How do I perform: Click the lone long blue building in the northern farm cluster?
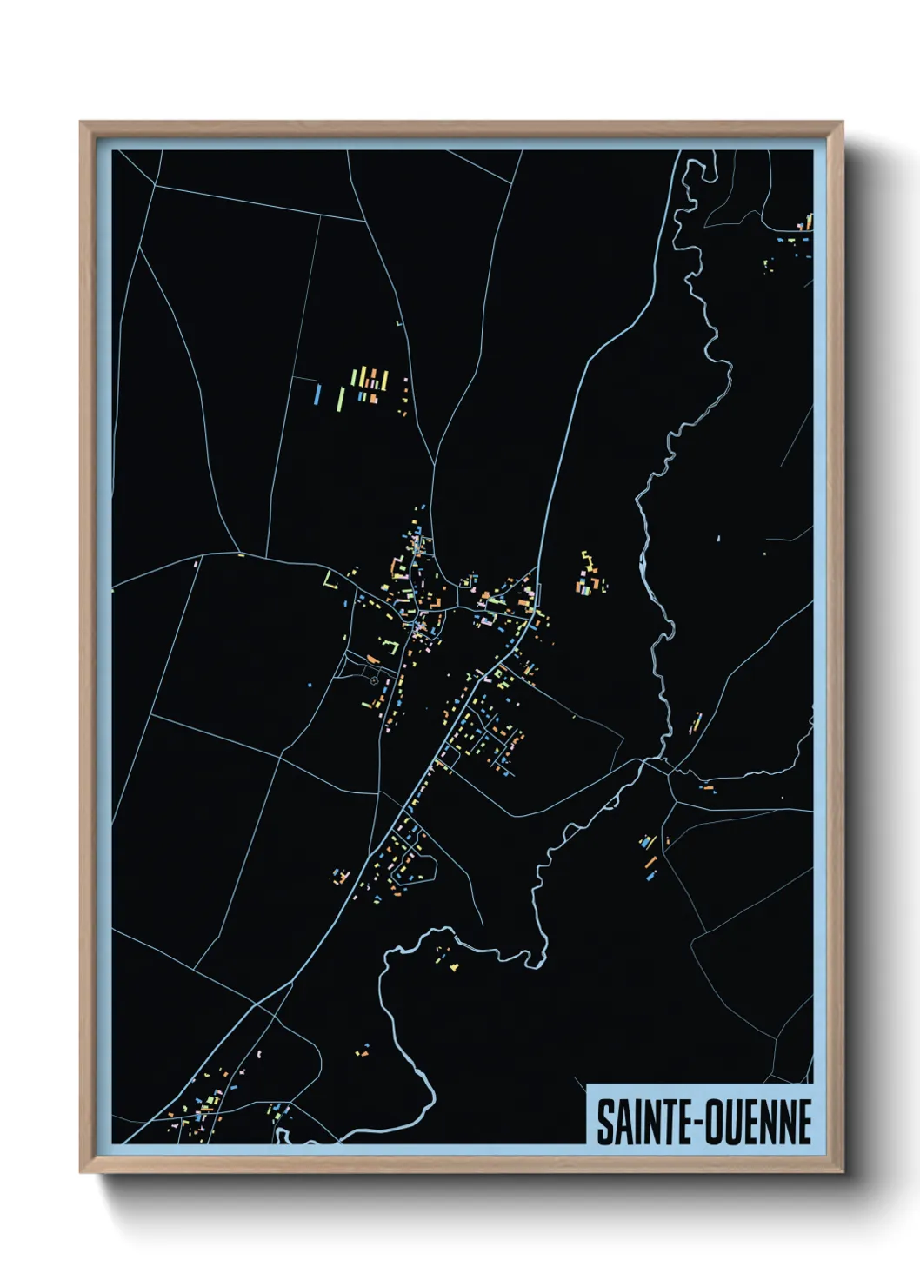click(318, 394)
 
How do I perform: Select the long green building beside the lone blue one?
click(340, 399)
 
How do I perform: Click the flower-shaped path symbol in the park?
click(377, 681)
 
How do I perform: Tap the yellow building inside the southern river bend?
click(454, 966)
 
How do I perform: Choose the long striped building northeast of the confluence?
click(696, 722)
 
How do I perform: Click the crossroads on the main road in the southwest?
click(257, 1006)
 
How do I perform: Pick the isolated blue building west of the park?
click(309, 685)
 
